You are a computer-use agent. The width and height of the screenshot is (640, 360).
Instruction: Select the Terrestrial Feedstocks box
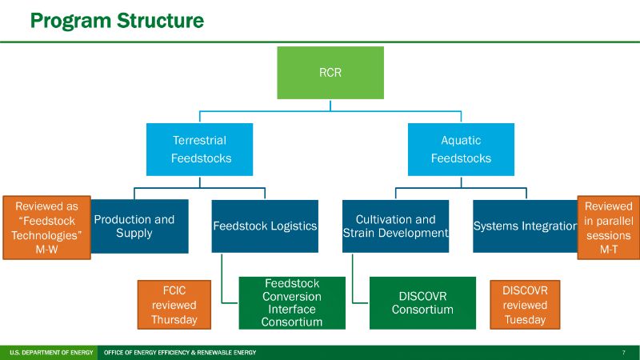click(x=199, y=150)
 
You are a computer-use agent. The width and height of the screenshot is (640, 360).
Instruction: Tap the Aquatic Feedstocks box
click(x=461, y=150)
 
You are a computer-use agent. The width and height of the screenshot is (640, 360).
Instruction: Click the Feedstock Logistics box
click(x=265, y=226)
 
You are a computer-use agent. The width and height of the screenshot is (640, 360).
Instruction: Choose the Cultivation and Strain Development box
click(x=395, y=226)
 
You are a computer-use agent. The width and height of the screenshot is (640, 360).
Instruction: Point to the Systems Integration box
click(x=525, y=226)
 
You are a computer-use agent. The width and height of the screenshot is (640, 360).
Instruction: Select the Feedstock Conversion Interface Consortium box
click(x=292, y=303)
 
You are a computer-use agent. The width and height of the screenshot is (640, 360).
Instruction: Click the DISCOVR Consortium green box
click(x=422, y=303)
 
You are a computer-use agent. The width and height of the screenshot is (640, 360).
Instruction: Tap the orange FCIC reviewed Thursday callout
click(x=173, y=303)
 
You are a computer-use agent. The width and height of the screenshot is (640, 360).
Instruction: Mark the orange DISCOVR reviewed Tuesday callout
click(x=525, y=303)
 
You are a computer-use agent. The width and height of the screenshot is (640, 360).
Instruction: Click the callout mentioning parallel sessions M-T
click(x=609, y=227)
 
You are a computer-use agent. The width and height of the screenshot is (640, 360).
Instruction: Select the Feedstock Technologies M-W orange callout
click(x=46, y=227)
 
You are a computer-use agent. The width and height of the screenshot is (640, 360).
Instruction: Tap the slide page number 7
click(x=623, y=353)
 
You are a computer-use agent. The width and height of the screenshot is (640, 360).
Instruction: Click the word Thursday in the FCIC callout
click(x=173, y=319)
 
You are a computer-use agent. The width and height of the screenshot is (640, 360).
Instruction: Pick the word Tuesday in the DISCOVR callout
click(x=525, y=319)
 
